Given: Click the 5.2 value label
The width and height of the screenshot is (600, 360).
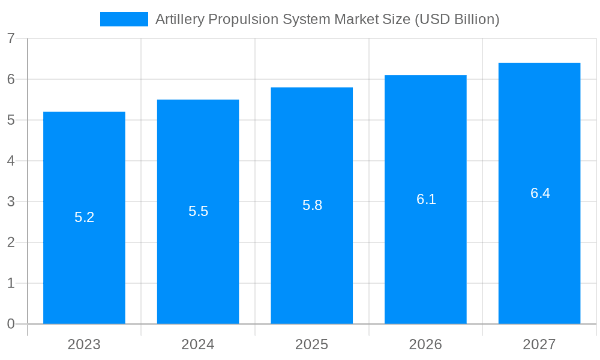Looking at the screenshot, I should pos(84,217).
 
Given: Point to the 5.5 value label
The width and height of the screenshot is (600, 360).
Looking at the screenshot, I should pos(198,211).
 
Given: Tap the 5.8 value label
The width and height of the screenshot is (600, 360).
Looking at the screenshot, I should pos(312,205).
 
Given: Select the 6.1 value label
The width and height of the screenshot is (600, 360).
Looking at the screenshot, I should pos(426,199).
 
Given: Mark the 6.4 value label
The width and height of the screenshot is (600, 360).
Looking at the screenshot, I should pos(540,193).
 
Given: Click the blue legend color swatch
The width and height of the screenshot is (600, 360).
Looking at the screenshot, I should pos(124,19).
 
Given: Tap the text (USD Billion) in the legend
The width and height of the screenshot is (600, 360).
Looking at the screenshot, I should pos(457,19).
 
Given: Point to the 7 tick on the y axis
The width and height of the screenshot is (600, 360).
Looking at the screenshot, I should pos(11,38).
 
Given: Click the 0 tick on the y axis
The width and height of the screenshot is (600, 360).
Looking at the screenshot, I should pos(11,324).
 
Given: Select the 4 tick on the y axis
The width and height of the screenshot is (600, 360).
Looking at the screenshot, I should pos(11,161).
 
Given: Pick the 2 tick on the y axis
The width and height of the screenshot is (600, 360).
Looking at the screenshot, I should pos(11,242).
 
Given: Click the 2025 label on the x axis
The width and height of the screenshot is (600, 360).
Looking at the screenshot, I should pos(311,344).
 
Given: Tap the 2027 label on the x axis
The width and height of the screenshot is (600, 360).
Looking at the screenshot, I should pos(539,344).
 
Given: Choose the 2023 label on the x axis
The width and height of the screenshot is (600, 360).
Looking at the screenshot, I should pos(84,344).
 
